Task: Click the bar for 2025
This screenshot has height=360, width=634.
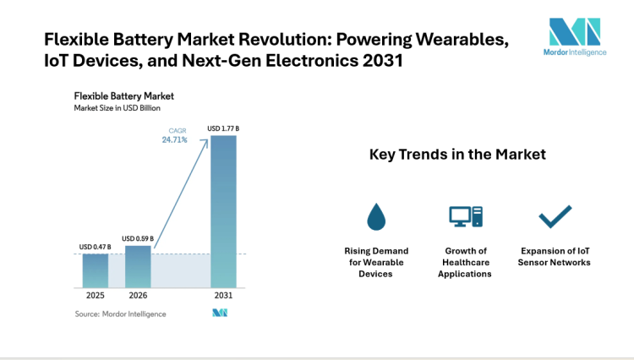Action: pyautogui.click(x=95, y=270)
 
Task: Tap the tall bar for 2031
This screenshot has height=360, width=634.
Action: pyautogui.click(x=223, y=210)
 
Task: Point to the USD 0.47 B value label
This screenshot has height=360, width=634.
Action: pyautogui.click(x=95, y=247)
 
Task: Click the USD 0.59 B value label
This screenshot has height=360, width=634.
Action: pyautogui.click(x=138, y=238)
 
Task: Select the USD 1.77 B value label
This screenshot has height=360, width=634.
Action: pyautogui.click(x=224, y=128)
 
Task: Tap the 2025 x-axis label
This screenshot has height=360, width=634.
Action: pyautogui.click(x=95, y=296)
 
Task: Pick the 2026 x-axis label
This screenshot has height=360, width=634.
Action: pyautogui.click(x=138, y=296)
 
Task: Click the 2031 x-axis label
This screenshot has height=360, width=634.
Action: pyautogui.click(x=223, y=296)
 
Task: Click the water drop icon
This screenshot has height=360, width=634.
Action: pyautogui.click(x=376, y=217)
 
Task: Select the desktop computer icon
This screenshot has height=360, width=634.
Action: pyautogui.click(x=465, y=217)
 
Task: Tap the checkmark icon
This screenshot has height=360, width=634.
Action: pyautogui.click(x=555, y=217)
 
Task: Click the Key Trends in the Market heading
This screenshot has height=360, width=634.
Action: pyautogui.click(x=457, y=155)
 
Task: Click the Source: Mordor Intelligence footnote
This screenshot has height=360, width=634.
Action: pyautogui.click(x=120, y=314)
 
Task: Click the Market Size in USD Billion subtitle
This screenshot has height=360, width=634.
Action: pyautogui.click(x=118, y=108)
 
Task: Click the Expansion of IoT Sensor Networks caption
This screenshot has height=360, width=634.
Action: pyautogui.click(x=555, y=256)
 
